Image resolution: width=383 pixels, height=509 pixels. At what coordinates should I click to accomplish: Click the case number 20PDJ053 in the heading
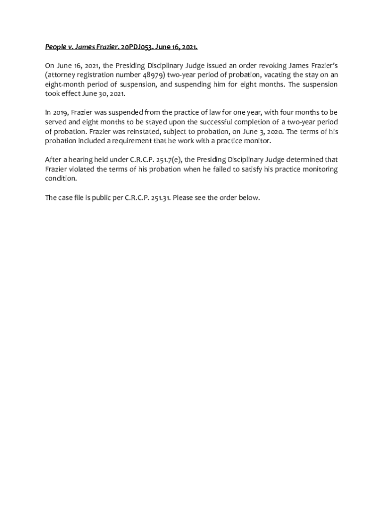pos(135,47)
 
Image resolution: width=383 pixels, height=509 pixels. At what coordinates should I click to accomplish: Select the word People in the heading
pos(55,47)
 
